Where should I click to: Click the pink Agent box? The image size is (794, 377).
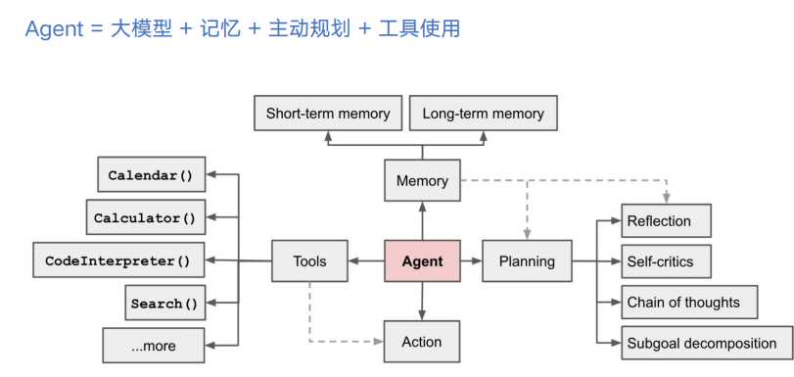(x=422, y=261)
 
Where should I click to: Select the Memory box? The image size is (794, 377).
(x=422, y=180)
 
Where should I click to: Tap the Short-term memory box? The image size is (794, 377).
(x=328, y=114)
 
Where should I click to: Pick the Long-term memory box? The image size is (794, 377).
(x=483, y=114)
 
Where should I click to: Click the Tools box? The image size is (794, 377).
(x=309, y=261)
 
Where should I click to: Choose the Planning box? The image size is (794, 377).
(x=527, y=261)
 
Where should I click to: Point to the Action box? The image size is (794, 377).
(x=422, y=342)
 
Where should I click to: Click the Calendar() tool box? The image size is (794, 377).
(x=151, y=175)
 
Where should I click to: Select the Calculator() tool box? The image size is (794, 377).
(x=145, y=217)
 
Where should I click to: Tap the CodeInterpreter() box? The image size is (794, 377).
(x=117, y=261)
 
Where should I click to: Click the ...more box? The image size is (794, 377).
(x=154, y=346)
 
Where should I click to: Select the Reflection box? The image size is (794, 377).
(x=667, y=221)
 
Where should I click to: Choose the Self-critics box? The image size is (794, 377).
(x=667, y=261)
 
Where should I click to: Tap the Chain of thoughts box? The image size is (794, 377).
(x=689, y=303)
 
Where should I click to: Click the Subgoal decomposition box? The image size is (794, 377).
(x=706, y=343)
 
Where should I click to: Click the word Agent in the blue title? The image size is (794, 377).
(x=55, y=28)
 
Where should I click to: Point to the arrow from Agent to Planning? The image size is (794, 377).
(x=472, y=261)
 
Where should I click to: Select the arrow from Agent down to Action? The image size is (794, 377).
(x=422, y=303)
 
